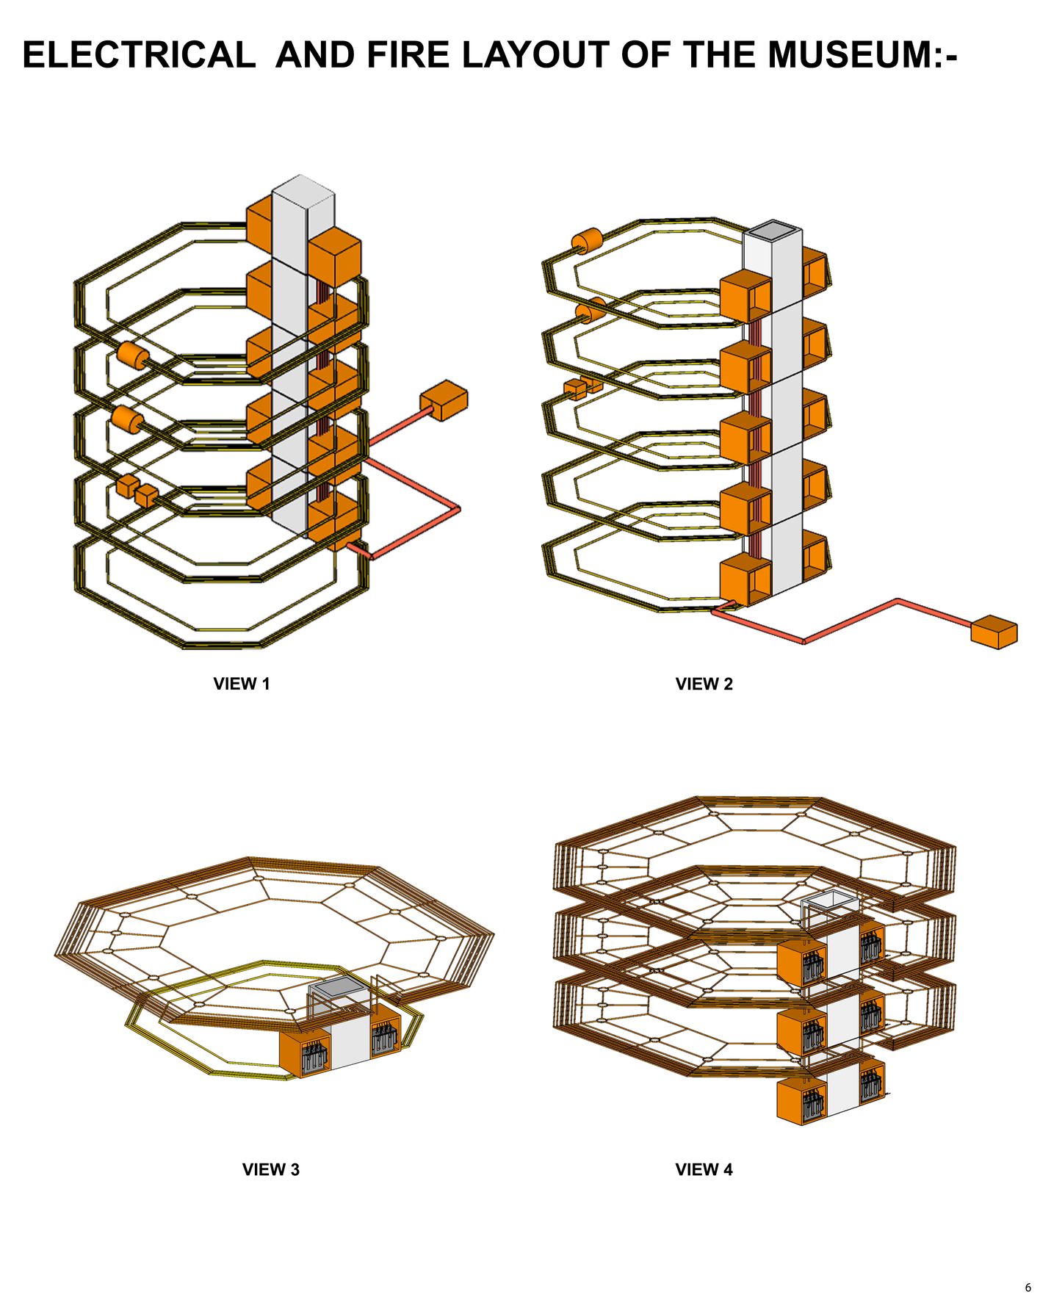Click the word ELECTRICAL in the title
point(138,55)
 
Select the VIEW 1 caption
point(242,684)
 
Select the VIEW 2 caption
point(704,684)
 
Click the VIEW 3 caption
point(270,1169)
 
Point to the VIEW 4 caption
point(704,1169)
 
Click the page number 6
point(1028,1288)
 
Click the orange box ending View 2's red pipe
point(994,632)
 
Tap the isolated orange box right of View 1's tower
point(444,401)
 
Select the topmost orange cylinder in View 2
point(587,241)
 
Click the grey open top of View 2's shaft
point(772,231)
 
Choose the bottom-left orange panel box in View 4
point(801,1099)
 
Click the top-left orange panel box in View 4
point(801,963)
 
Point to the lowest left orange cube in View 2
point(745,579)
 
